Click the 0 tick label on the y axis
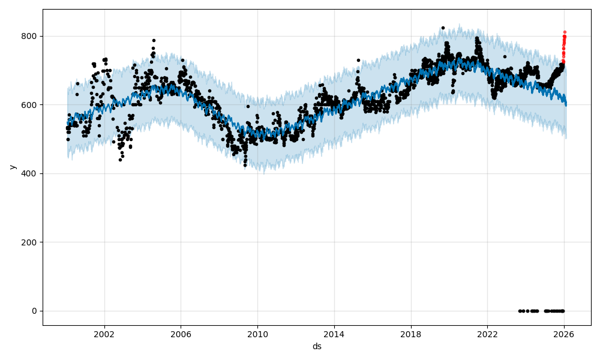34,311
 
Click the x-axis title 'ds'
317,347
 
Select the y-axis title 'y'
11,167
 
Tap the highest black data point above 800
443,28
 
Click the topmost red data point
565,32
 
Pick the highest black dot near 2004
154,40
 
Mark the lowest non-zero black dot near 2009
245,165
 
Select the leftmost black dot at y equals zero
520,311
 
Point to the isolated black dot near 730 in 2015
358,60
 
